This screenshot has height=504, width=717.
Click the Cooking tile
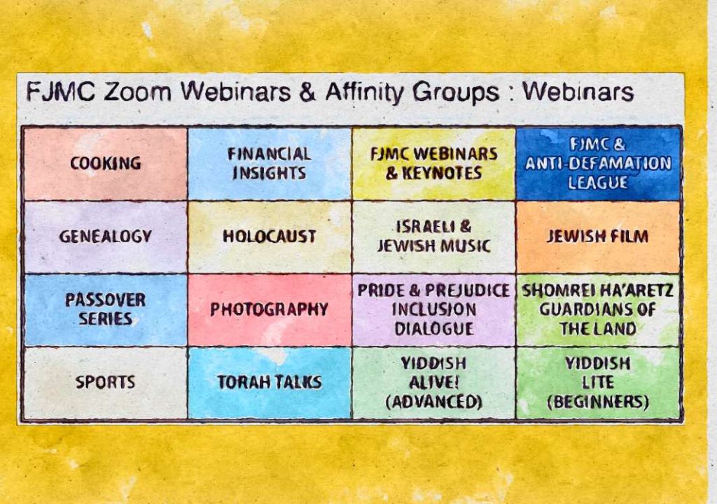[105, 164]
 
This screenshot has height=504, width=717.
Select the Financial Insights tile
[270, 164]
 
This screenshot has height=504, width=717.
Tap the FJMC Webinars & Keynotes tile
[434, 164]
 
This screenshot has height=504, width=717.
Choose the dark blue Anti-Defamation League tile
[598, 164]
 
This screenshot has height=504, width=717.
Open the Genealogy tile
[105, 237]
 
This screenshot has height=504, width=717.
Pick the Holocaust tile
[270, 237]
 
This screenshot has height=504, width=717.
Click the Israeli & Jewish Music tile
[434, 237]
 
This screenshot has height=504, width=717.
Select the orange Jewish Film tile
[598, 237]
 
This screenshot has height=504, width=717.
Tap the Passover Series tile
[105, 310]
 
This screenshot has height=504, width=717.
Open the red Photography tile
[270, 310]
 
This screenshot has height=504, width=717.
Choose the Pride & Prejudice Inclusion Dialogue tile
[434, 310]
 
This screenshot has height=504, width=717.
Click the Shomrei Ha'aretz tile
[598, 310]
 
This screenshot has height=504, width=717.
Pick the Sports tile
[105, 383]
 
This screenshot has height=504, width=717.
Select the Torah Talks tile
[270, 383]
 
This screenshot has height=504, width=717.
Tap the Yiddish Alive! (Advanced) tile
[434, 383]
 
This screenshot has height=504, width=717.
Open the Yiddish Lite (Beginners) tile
[598, 383]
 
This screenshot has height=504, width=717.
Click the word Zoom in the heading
[137, 92]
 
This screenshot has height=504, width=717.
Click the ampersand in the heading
[308, 92]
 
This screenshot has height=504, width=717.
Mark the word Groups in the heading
[456, 93]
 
